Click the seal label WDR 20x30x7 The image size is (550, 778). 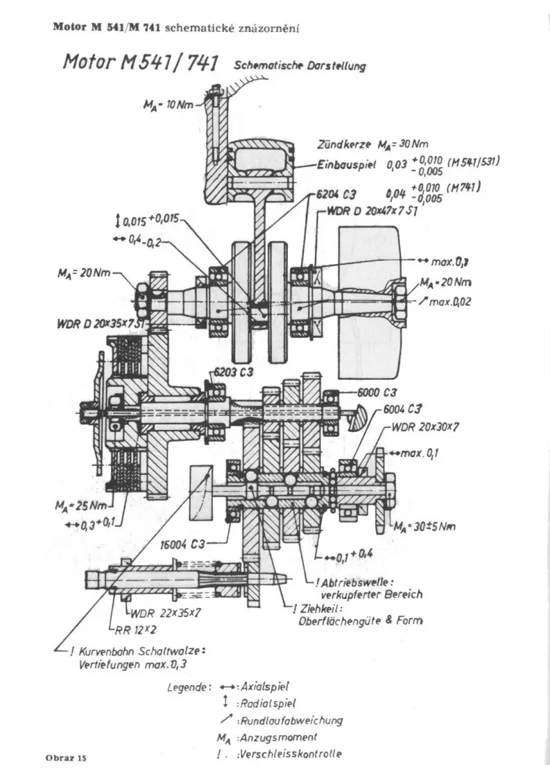[421, 427]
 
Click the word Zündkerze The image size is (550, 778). [344, 145]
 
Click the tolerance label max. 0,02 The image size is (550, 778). [451, 302]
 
